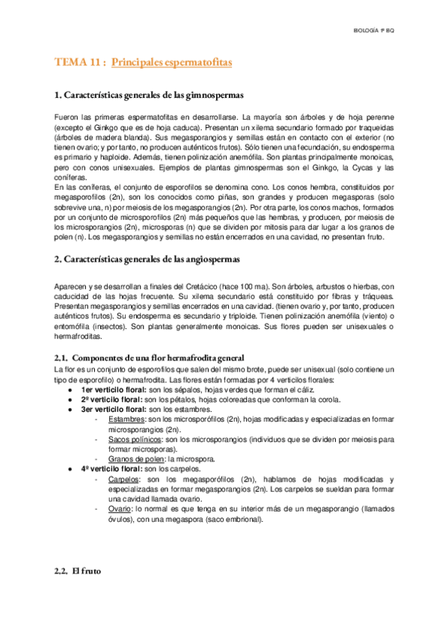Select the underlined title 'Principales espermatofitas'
pyautogui.click(x=171, y=63)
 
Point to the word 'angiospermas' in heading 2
pyautogui.click(x=211, y=259)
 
